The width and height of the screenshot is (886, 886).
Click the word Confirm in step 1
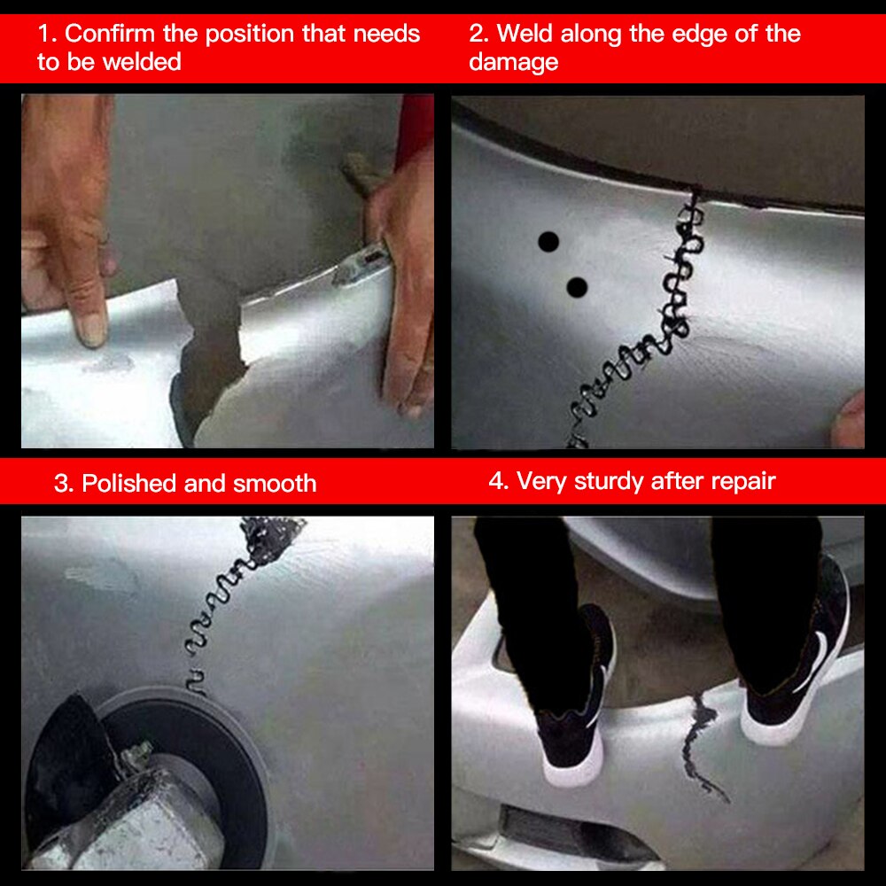(x=110, y=34)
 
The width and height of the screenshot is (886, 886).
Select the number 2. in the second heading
(x=479, y=34)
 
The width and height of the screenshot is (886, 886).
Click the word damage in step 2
(x=514, y=63)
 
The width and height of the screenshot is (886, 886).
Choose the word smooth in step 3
(x=275, y=484)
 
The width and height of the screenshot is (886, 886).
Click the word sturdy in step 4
(x=610, y=482)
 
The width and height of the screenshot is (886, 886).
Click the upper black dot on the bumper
(x=548, y=242)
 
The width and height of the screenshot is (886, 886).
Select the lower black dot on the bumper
(x=577, y=287)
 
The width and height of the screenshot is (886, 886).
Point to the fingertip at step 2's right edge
(x=850, y=421)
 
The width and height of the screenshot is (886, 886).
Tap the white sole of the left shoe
(x=571, y=766)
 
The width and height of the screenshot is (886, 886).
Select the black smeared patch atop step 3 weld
(x=271, y=537)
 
